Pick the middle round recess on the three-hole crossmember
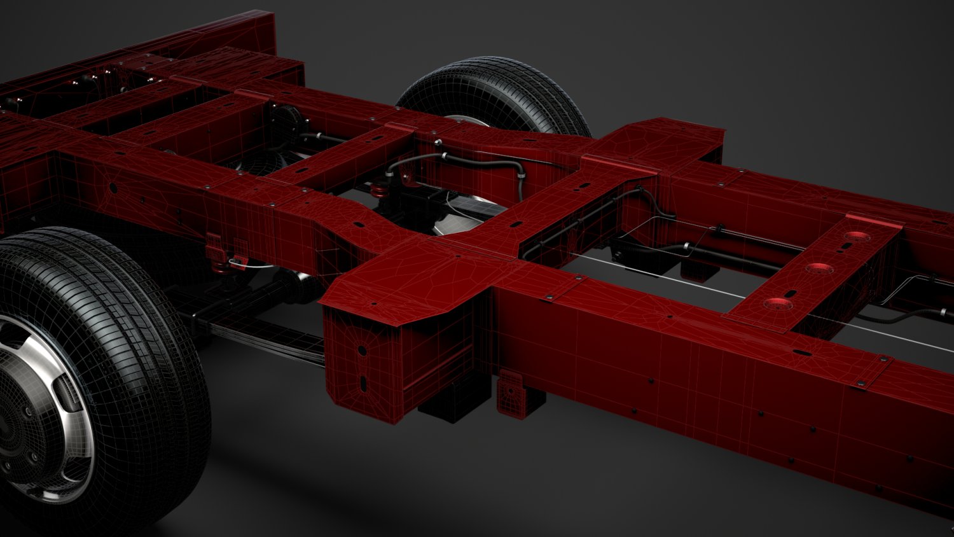(819, 268)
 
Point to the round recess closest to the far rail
(857, 236)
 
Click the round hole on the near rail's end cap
(361, 349)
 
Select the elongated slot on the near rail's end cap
(363, 383)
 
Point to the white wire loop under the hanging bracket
(238, 261)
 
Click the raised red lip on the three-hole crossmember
(871, 221)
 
